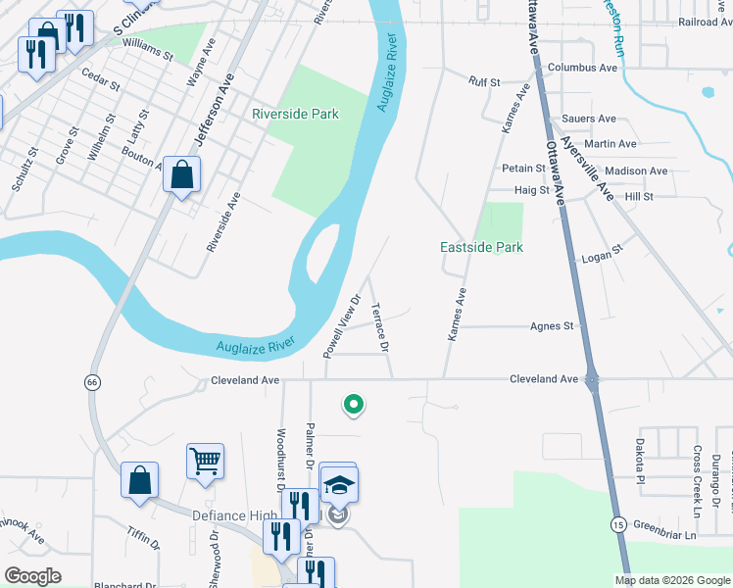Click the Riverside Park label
coord(295,115)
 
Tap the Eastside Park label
coord(480,248)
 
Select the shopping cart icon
coord(205,460)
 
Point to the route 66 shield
coord(92,380)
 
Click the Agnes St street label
coord(551,326)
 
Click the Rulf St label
coord(484,82)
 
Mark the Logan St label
coord(602,253)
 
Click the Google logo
coord(32,576)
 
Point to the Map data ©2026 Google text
coord(671,580)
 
